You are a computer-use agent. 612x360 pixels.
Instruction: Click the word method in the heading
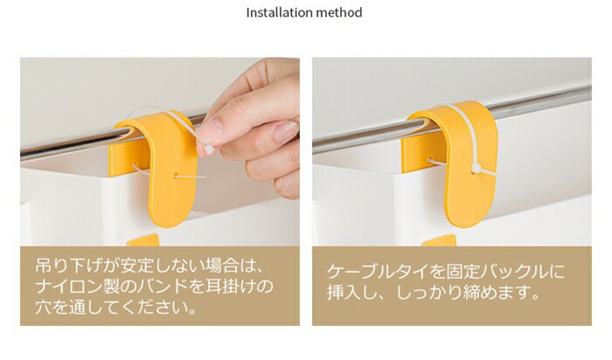coord(339,12)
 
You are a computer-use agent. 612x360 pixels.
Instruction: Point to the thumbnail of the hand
coord(210,128)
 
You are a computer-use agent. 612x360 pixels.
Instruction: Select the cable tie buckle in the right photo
coord(476,169)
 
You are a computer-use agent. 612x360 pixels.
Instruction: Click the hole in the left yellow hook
coord(176,175)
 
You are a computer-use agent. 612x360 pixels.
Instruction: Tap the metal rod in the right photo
coord(453,118)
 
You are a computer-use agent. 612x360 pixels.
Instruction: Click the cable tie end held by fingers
coord(208,149)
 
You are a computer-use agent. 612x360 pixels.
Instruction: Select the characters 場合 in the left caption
coord(221,266)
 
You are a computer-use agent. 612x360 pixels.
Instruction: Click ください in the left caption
coord(153,308)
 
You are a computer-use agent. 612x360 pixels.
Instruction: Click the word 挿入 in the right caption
coord(344,292)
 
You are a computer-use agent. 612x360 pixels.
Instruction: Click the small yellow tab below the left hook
coord(143,240)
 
